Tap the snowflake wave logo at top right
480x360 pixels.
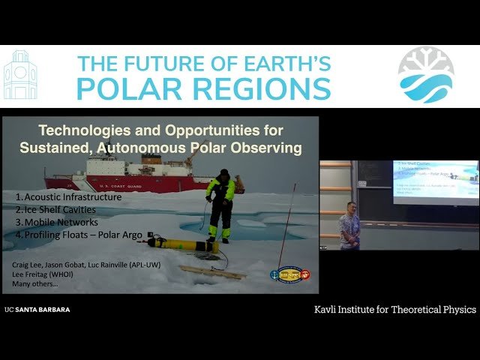point(425,74)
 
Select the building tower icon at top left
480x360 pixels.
point(20,76)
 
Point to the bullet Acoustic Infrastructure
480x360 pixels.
point(67,196)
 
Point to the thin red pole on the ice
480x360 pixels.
point(286,225)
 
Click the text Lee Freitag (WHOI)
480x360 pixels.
point(43,275)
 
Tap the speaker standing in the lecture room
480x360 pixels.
point(349,226)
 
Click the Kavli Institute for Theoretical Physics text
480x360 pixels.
point(394,310)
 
